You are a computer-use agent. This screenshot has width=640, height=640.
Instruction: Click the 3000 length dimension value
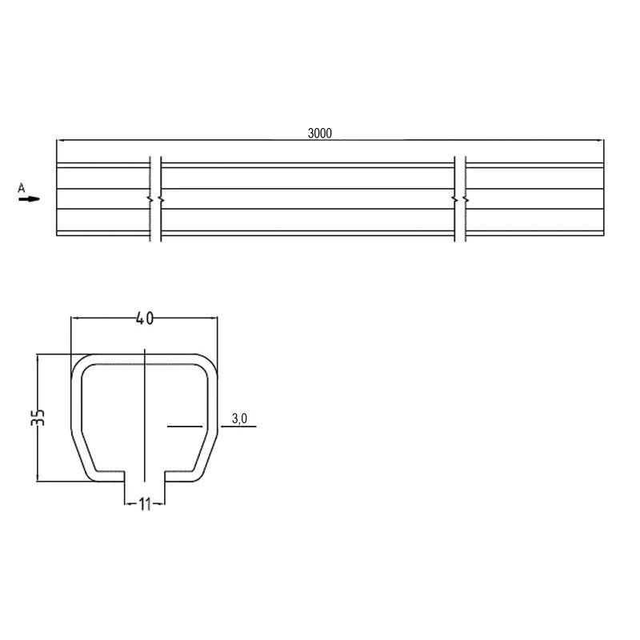319,133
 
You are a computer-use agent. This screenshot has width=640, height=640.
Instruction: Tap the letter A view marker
22,188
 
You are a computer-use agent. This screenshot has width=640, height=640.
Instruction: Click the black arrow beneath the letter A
29,199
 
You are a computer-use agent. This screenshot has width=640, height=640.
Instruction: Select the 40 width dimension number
145,318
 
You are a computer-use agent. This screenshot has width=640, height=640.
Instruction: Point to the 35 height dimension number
38,417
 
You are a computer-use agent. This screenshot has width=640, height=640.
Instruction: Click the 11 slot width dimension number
145,505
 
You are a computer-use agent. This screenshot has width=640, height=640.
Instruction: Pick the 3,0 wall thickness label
239,418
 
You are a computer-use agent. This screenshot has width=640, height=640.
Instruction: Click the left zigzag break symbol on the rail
155,199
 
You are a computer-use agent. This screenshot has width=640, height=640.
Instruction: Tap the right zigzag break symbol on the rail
461,199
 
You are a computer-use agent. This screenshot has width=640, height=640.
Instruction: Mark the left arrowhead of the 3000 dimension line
60,141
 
